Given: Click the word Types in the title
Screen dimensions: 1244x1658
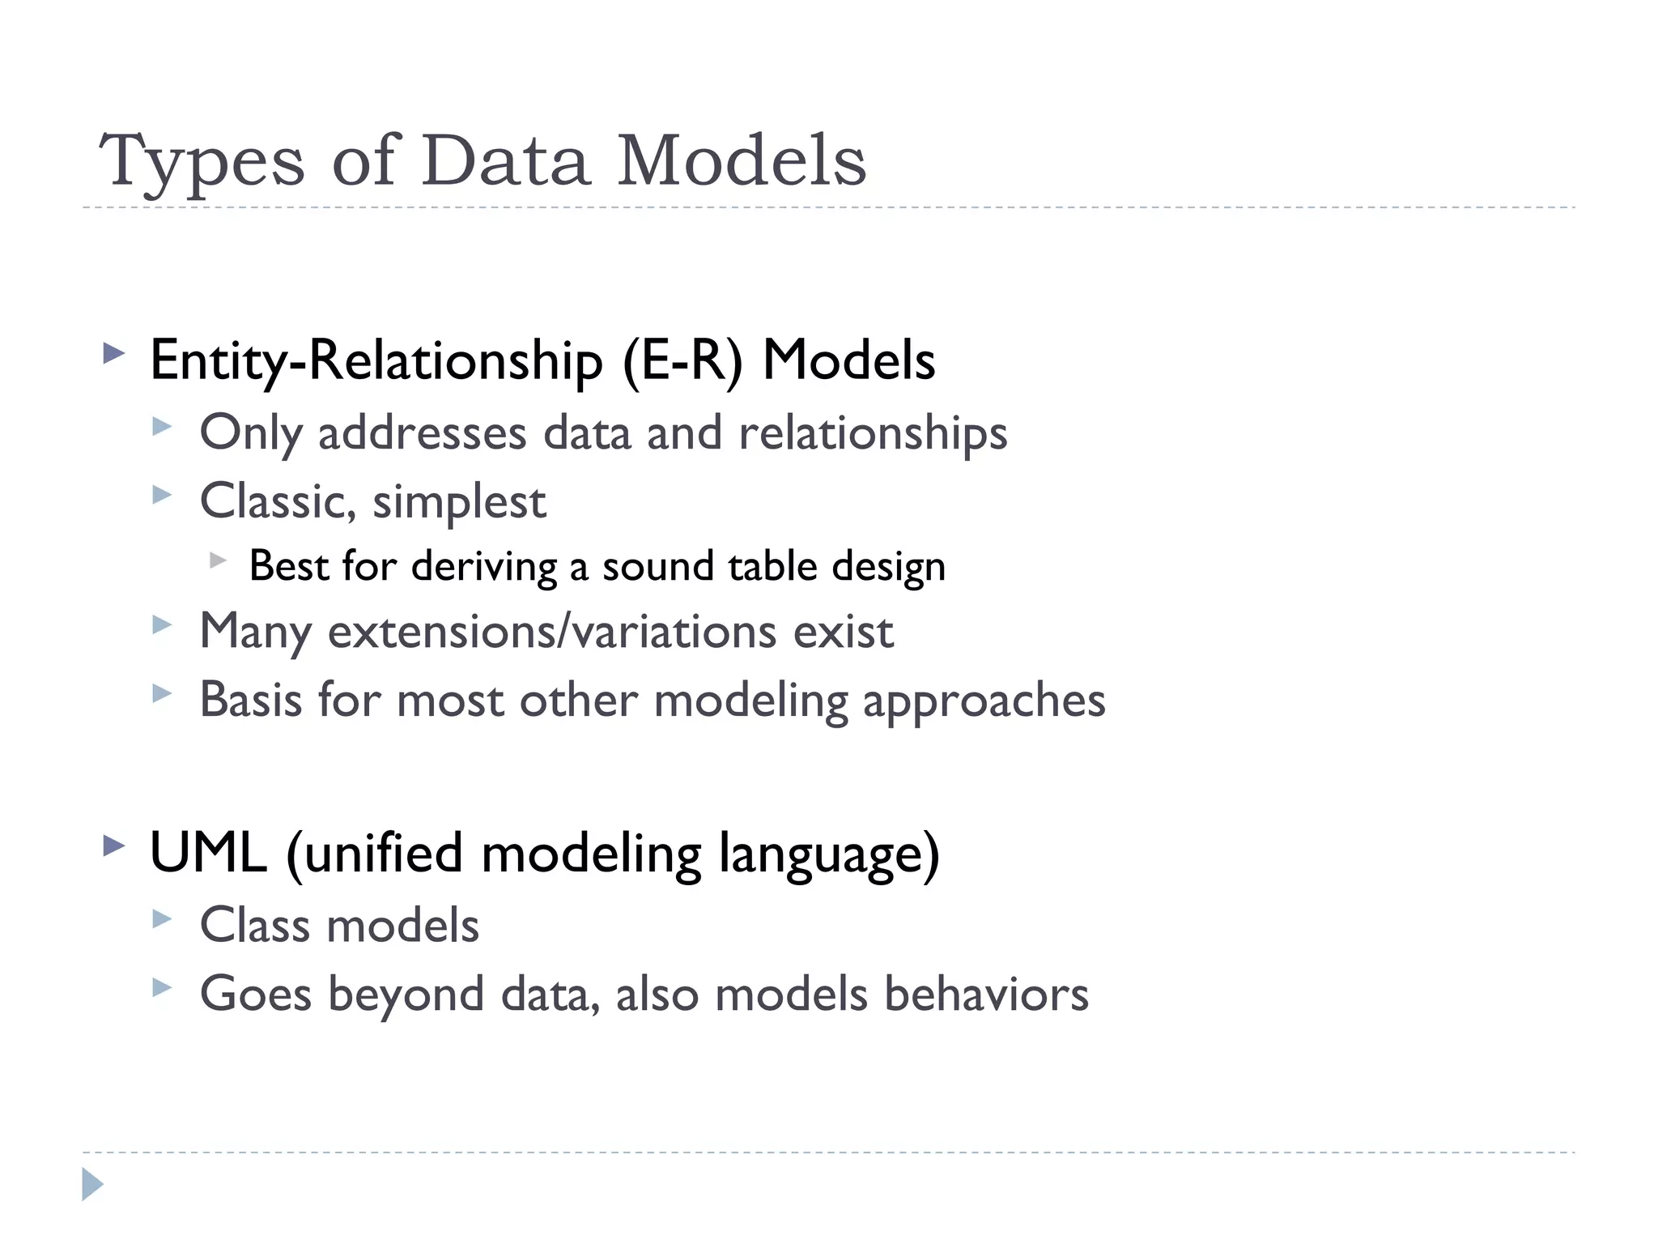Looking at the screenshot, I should (202, 162).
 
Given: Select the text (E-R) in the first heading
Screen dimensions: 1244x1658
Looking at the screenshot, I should (682, 360).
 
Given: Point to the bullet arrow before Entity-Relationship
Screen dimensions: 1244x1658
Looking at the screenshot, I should (114, 354).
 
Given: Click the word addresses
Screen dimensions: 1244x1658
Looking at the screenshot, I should (422, 433).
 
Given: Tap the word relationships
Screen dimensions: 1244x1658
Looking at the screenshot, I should (873, 433).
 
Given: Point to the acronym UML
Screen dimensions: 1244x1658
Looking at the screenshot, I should (208, 853).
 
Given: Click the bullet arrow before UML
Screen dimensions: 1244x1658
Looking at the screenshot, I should (114, 847).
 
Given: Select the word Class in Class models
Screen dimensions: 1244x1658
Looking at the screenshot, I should (255, 925).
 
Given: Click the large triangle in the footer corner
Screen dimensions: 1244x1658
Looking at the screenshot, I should (92, 1184).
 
